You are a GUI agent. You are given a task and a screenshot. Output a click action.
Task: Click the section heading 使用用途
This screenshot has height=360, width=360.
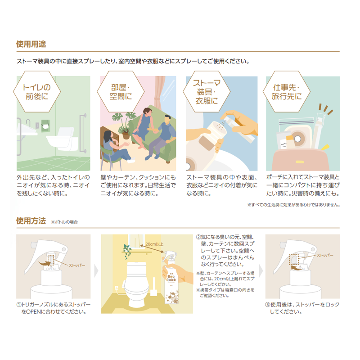(x=31, y=44)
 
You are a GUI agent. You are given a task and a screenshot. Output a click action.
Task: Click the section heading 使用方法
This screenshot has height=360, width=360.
(x=31, y=221)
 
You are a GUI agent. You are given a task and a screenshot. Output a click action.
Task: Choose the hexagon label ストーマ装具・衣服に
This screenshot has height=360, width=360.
(x=205, y=92)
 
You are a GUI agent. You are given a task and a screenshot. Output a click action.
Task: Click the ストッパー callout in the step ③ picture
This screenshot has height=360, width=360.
(x=313, y=255)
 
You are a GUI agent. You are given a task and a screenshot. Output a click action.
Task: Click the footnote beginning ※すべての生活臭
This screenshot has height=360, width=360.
(x=293, y=205)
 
